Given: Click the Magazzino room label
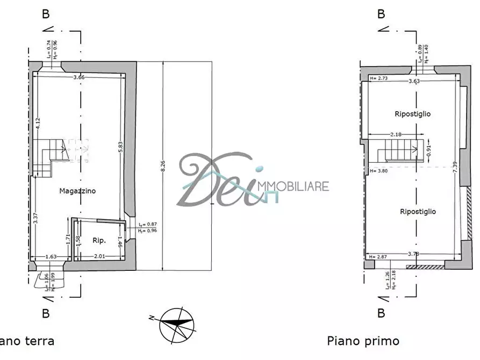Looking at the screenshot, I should coord(78,191).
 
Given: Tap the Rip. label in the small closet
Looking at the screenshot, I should coord(99,241).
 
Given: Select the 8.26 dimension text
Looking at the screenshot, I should coord(163,166).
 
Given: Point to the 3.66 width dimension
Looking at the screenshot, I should coord(78,77).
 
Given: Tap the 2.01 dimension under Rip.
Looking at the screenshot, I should coord(99,257).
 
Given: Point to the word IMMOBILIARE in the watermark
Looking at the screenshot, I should coord(294,186).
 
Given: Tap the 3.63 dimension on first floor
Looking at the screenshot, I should coord(414,82).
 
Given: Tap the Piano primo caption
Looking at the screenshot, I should coord(363,341).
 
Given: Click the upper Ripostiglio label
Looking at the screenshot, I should coord(412,114).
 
